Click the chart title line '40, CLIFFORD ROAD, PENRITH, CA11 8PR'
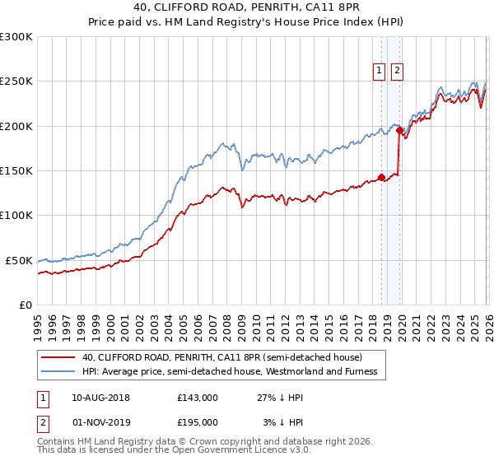(247, 7)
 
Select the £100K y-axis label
(16, 216)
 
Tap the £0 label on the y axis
(26, 305)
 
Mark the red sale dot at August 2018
(381, 176)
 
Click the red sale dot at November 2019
(399, 130)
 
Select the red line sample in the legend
(58, 357)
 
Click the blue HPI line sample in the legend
(58, 371)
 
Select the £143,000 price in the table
(198, 397)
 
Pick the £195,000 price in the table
(198, 421)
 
